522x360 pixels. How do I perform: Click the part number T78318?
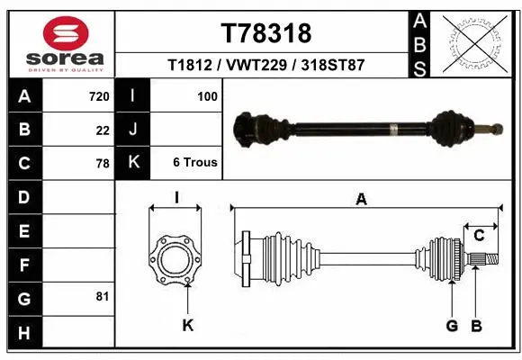tap(265, 33)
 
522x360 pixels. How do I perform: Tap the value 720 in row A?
tap(98, 96)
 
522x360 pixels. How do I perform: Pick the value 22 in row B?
tap(102, 130)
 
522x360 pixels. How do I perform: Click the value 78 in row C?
tap(102, 164)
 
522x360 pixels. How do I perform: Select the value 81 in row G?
tap(102, 296)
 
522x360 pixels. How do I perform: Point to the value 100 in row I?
tap(207, 96)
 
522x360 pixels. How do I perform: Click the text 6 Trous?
tap(194, 163)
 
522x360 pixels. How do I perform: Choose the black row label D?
tap(24, 196)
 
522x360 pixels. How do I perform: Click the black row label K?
tap(133, 163)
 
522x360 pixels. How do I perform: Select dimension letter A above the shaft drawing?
tap(362, 200)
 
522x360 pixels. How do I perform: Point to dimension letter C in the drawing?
tap(479, 236)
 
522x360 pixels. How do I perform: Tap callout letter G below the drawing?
tap(453, 325)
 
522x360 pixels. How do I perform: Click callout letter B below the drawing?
tap(477, 325)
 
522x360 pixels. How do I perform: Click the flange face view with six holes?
tap(175, 260)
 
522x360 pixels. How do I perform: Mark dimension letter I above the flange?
tap(176, 198)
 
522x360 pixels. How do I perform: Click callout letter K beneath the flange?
tap(187, 325)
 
